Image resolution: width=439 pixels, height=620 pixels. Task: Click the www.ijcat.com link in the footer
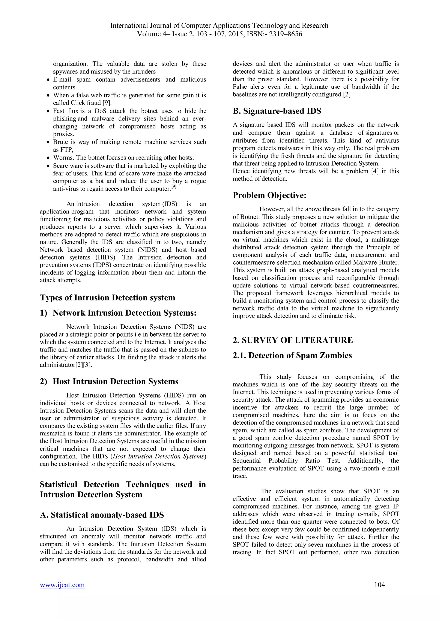(62, 585)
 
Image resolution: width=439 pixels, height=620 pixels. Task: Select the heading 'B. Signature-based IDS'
(277, 111)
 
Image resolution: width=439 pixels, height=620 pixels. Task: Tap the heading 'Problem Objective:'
(269, 195)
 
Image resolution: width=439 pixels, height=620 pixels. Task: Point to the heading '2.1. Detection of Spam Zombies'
(292, 355)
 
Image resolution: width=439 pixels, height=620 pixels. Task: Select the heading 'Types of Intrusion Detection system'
(107, 298)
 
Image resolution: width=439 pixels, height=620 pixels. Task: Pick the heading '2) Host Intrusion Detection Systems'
(109, 381)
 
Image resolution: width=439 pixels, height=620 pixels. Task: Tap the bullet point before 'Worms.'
(48, 158)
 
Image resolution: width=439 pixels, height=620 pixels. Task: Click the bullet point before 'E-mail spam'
(48, 80)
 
